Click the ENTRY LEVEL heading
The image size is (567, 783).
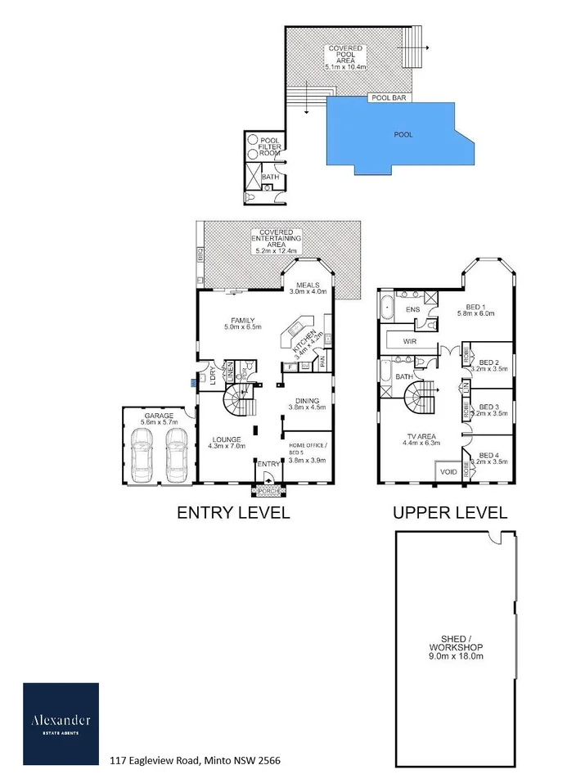coord(233,513)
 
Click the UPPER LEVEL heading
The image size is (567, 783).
coord(449,513)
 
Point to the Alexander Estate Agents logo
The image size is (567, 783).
coord(61,724)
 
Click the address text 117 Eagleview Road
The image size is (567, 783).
coord(195,760)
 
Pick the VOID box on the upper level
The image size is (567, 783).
coord(448,472)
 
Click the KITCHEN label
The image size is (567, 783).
coord(304,344)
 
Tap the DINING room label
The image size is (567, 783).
coord(308,403)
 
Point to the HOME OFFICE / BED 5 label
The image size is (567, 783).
coord(307,452)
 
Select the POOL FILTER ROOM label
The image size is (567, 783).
coord(270,146)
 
